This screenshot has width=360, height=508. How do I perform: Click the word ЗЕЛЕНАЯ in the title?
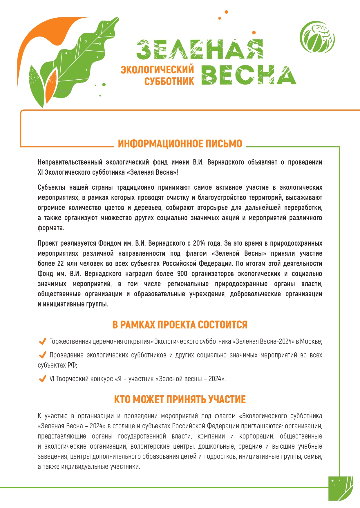click(x=200, y=50)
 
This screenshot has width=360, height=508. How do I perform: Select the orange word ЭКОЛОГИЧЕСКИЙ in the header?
click(x=157, y=70)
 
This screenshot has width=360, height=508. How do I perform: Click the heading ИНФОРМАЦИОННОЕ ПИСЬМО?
click(x=180, y=144)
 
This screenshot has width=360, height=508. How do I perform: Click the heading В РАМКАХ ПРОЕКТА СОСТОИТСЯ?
click(x=180, y=325)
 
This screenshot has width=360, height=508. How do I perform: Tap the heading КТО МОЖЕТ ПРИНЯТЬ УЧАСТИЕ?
click(x=180, y=400)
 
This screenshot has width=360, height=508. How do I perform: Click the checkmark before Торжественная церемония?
click(x=42, y=341)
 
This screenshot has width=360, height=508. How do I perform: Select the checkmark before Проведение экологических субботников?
click(x=42, y=355)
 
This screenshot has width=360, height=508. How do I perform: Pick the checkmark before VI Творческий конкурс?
click(x=42, y=379)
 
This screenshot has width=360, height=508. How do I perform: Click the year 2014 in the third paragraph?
click(x=199, y=243)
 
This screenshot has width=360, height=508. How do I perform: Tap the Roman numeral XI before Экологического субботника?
click(x=40, y=172)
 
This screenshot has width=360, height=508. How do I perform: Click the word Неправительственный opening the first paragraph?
click(x=70, y=162)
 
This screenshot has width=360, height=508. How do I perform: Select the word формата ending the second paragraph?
click(x=50, y=228)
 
